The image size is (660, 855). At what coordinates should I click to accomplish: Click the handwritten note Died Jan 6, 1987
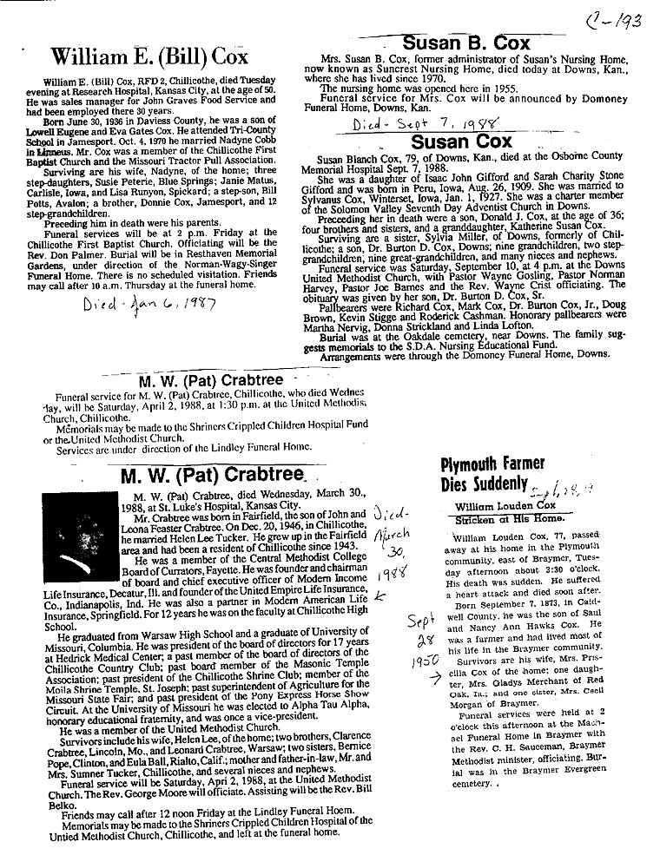(x=152, y=304)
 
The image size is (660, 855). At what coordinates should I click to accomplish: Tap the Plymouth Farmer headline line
(x=493, y=463)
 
